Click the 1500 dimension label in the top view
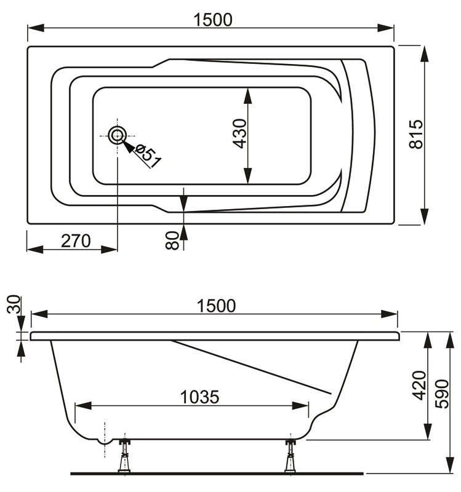(212, 20)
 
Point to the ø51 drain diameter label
(148, 155)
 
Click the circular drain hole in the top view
(116, 135)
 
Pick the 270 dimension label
(76, 240)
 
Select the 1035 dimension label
(199, 397)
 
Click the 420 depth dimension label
(419, 386)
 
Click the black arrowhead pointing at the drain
(128, 145)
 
